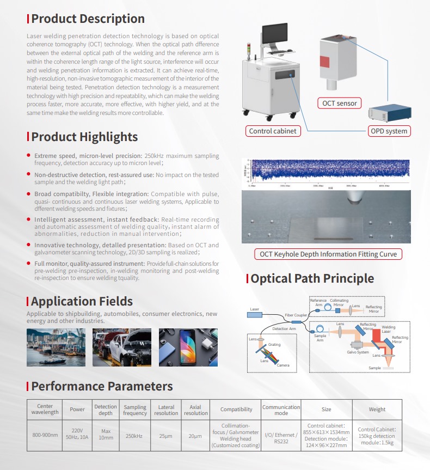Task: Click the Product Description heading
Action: point(88,19)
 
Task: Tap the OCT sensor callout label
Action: point(339,103)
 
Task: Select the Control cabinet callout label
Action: point(273,131)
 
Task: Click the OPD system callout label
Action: point(388,131)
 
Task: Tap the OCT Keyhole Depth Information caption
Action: point(328,254)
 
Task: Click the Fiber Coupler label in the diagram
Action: point(296,315)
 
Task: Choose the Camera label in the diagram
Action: point(283,365)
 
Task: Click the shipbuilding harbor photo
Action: point(54,347)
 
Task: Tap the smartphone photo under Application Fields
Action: point(188,347)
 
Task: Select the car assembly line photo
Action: point(121,347)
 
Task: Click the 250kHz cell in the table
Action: point(135,436)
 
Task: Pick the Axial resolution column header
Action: point(195,410)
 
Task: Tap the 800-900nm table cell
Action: point(45,436)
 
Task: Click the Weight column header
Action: point(377,410)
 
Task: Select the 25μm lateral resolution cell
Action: point(166,436)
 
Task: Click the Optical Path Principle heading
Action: point(312,278)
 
